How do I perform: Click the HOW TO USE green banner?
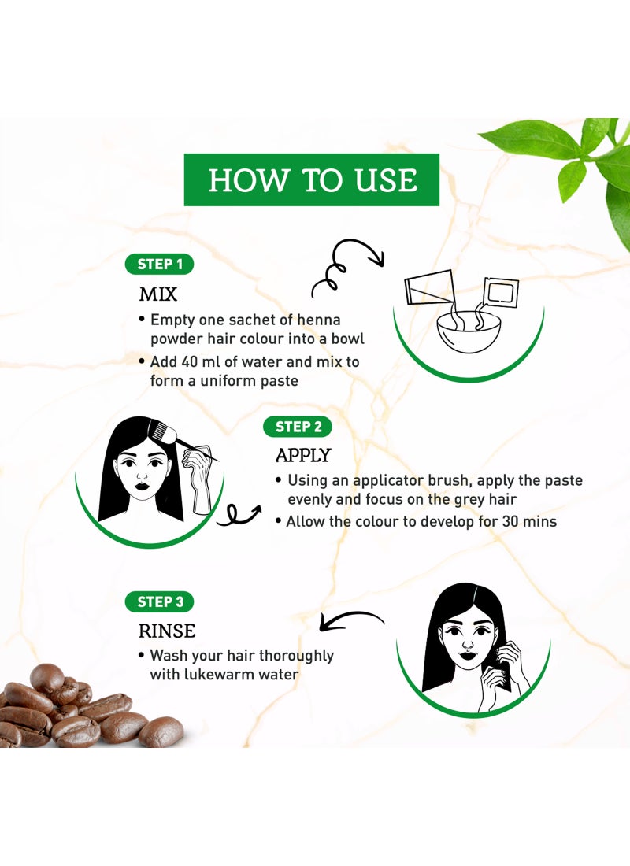311,180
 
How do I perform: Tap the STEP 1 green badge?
159,264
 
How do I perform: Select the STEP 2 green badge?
298,427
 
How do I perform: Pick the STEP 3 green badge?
160,601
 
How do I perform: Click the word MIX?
158,294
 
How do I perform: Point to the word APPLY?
303,455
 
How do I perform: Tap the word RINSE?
167,631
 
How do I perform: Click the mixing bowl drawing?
469,333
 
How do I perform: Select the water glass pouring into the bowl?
430,287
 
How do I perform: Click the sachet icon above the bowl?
500,291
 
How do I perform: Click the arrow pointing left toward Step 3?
351,620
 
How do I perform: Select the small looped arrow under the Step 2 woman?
238,515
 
